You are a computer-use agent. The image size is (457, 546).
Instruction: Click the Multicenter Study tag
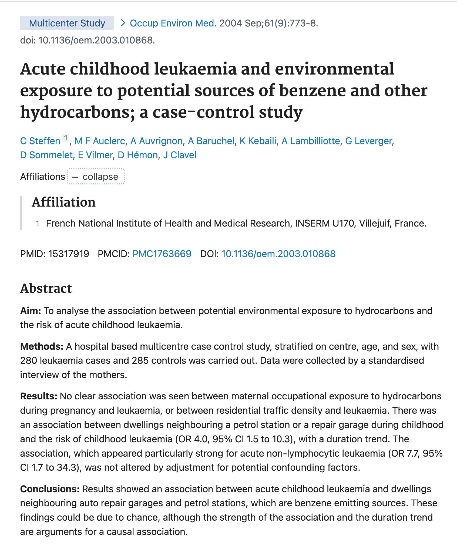point(67,23)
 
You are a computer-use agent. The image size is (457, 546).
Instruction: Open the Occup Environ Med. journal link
point(173,23)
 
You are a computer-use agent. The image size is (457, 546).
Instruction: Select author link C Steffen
point(40,141)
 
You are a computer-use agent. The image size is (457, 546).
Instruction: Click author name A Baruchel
point(211,141)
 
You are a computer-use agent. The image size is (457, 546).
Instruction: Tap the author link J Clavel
point(180,155)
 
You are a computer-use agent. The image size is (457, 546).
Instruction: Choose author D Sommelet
point(46,155)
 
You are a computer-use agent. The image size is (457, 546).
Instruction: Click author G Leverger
point(368,141)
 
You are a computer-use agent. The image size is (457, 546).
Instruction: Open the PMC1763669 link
point(162,254)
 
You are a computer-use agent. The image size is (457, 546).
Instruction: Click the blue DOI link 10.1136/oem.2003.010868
point(278,254)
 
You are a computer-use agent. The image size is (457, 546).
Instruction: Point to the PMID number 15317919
point(69,254)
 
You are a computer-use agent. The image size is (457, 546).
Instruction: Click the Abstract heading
point(46,288)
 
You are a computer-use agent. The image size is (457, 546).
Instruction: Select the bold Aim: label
point(31,311)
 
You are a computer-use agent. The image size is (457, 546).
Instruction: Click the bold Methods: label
point(42,346)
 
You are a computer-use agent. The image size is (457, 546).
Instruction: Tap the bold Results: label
point(39,396)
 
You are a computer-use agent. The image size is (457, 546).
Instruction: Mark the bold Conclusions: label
point(50,489)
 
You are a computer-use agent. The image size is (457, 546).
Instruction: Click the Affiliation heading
point(64,202)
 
